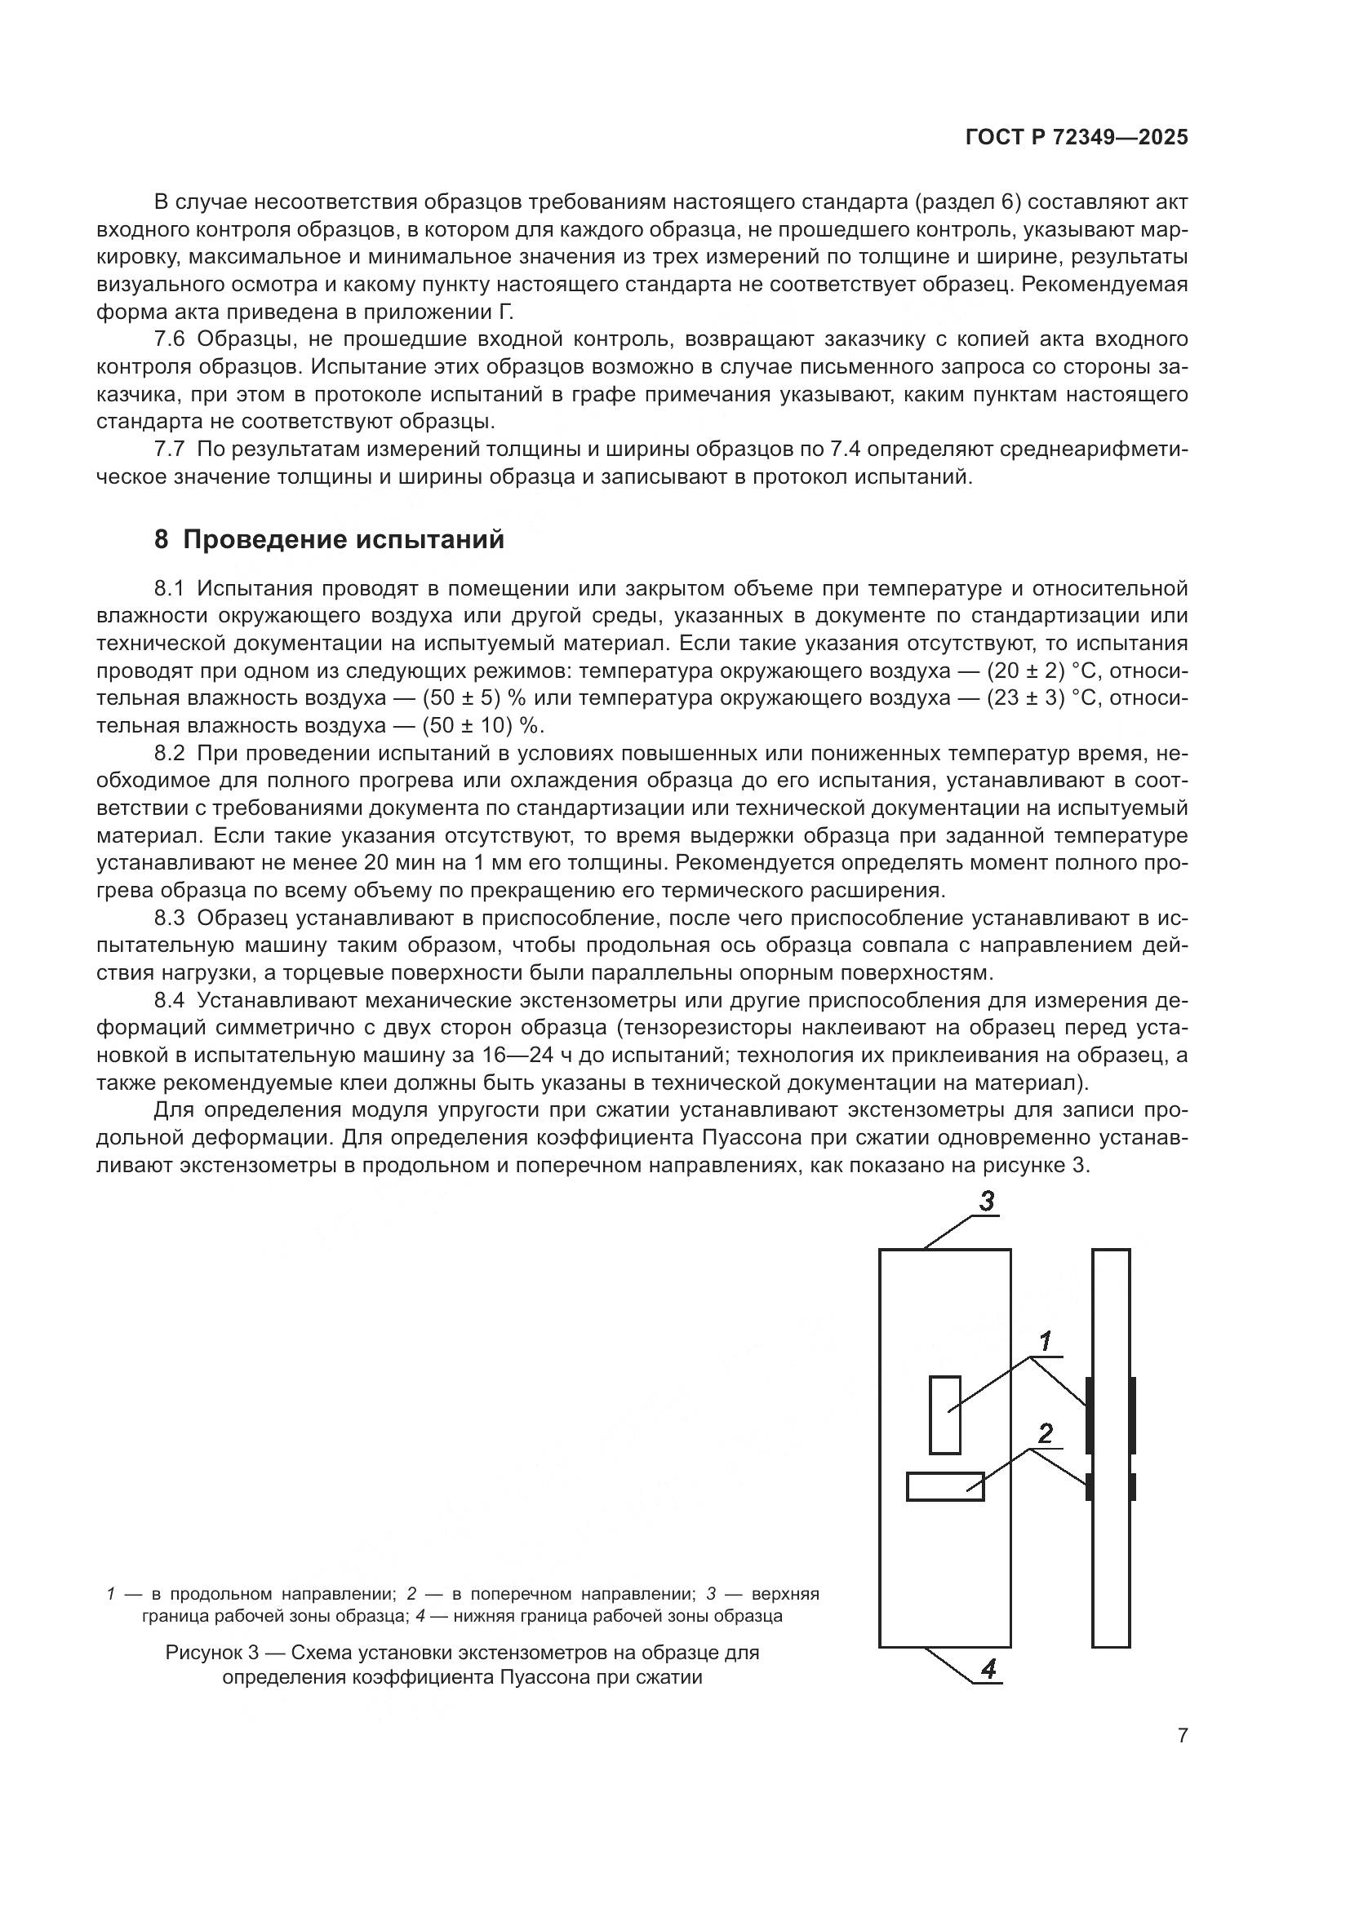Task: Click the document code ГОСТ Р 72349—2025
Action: click(x=1077, y=138)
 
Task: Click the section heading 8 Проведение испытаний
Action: click(x=329, y=539)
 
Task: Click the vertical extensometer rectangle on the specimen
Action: click(x=944, y=1414)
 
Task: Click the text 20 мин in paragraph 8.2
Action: click(x=397, y=862)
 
